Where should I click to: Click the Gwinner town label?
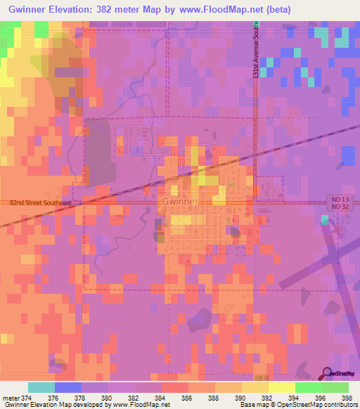pos(181,201)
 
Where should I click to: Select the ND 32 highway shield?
pos(339,207)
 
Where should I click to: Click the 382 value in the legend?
pos(134,397)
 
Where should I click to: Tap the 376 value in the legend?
pos(55,397)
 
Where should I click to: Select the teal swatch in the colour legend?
pos(41,387)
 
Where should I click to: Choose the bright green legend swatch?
pos(308,387)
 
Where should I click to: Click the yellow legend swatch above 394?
pos(281,387)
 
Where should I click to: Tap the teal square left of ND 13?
pos(325,220)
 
